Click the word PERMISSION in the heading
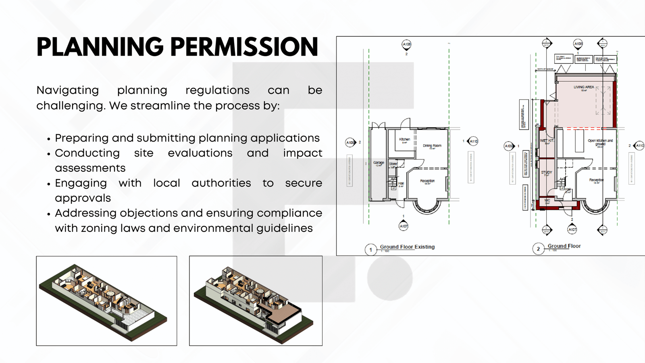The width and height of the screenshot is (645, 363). pyautogui.click(x=244, y=47)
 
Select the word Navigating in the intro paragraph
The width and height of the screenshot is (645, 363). pyautogui.click(x=68, y=90)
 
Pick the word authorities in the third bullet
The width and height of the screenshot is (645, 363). pyautogui.click(x=221, y=183)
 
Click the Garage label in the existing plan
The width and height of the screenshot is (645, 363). pyautogui.click(x=379, y=163)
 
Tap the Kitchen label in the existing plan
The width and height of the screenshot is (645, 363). pyautogui.click(x=404, y=140)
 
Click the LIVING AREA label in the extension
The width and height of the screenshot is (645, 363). pyautogui.click(x=584, y=87)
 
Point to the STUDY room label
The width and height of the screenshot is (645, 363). pyautogui.click(x=546, y=173)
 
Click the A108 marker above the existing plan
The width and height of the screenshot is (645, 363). pyautogui.click(x=406, y=44)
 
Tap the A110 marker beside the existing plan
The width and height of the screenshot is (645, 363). pyautogui.click(x=473, y=141)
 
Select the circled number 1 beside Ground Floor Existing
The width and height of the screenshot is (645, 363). pyautogui.click(x=370, y=250)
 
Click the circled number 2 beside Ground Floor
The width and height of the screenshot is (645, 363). pyautogui.click(x=538, y=249)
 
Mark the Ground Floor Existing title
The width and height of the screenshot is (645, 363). pyautogui.click(x=407, y=247)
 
